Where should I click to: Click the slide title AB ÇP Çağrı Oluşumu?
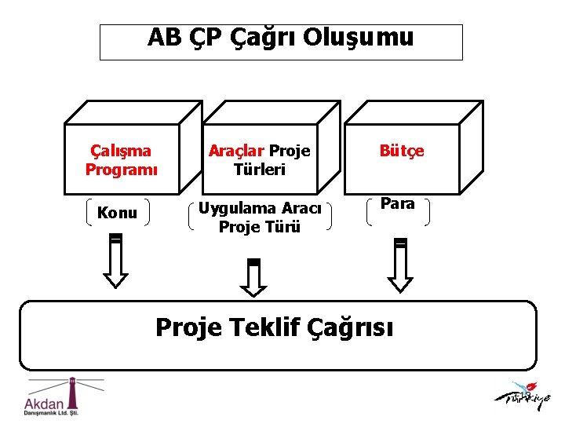pos(280,38)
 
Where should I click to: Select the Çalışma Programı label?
pos(122,159)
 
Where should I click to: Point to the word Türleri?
pos(260,169)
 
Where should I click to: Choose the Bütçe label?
pos(402,151)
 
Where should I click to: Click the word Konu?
pos(117,213)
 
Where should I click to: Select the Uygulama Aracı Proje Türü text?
pos(260,217)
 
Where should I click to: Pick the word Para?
pos(397,204)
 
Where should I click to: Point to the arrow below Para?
pos(400,265)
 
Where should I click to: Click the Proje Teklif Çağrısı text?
pos(275,327)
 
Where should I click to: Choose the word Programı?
pos(122,169)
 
